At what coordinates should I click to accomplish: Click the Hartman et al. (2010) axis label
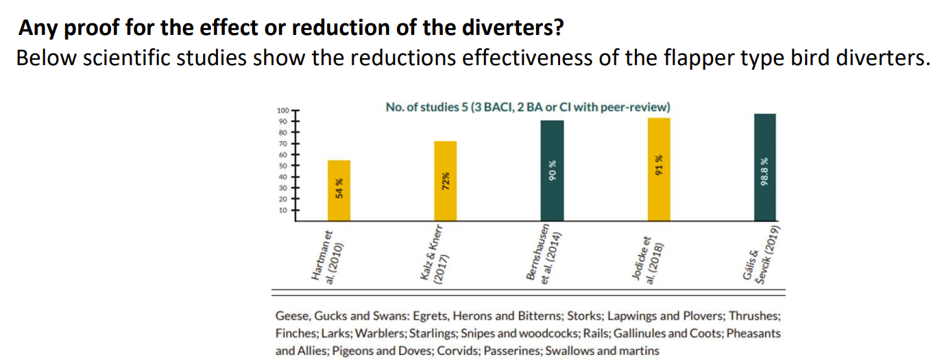(x=331, y=255)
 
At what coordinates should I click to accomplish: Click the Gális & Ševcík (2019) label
(x=758, y=254)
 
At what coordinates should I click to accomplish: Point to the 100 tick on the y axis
(x=283, y=110)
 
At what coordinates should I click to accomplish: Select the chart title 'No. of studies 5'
(x=528, y=107)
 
